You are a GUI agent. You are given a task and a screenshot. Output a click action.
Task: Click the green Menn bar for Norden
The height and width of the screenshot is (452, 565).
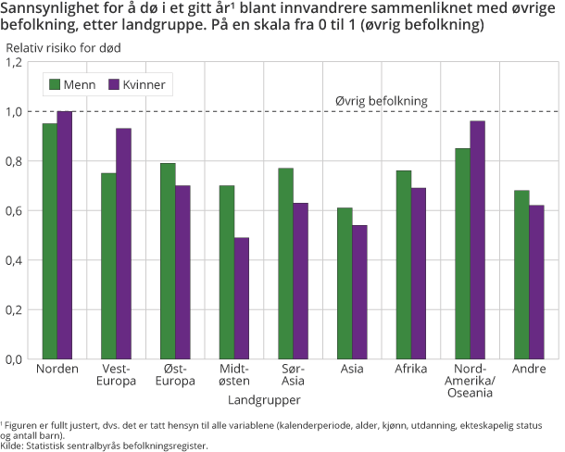pyautogui.click(x=49, y=241)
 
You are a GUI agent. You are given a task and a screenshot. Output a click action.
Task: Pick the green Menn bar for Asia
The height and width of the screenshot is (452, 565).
pyautogui.click(x=345, y=283)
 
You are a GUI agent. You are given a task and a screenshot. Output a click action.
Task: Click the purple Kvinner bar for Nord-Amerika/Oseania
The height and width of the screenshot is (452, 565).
pyautogui.click(x=477, y=240)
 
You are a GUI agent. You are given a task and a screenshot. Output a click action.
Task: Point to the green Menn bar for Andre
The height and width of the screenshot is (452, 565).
pyautogui.click(x=521, y=274)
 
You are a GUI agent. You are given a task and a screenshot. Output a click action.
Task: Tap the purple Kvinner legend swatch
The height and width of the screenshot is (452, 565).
pyautogui.click(x=116, y=84)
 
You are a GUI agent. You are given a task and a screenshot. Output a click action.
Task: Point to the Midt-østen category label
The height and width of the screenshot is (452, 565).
pyautogui.click(x=234, y=375)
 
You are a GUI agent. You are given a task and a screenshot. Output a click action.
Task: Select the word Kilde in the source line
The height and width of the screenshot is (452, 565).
pyautogui.click(x=12, y=446)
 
